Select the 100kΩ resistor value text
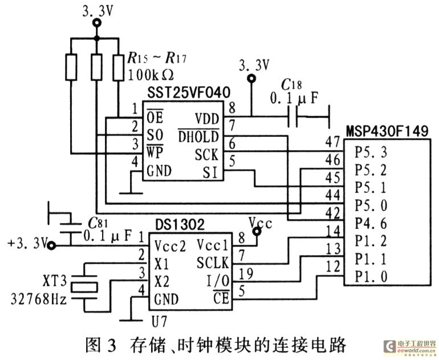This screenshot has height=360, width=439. [151, 75]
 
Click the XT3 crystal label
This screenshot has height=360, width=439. [55, 281]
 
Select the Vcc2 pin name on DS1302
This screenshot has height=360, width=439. [169, 246]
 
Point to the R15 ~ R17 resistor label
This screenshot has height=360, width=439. [157, 58]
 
